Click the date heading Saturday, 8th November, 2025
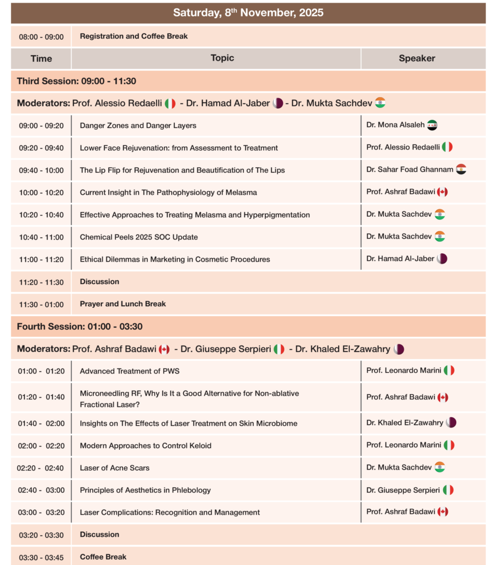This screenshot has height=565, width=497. (x=248, y=12)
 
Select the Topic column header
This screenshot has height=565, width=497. (x=222, y=58)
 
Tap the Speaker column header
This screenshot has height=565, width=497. (x=416, y=58)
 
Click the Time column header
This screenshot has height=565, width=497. (x=41, y=58)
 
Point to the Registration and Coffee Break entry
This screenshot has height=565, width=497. (x=133, y=36)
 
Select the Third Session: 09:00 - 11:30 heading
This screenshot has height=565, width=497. (x=77, y=81)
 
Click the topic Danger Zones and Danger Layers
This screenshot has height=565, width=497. (x=138, y=126)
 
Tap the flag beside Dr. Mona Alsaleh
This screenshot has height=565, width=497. (x=432, y=125)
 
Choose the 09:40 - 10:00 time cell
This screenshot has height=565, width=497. (x=41, y=170)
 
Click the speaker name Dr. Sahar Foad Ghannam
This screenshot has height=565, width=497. (x=410, y=169)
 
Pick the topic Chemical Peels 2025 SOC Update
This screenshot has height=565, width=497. (x=138, y=237)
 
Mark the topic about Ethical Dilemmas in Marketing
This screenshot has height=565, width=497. (x=175, y=259)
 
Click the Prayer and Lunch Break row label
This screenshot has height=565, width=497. (x=122, y=304)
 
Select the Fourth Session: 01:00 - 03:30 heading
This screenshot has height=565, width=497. (x=79, y=327)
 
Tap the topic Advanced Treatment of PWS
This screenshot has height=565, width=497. (x=130, y=371)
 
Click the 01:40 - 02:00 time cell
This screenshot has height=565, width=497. (x=41, y=424)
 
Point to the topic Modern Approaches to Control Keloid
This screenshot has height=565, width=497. (x=146, y=446)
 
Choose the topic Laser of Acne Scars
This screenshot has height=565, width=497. (x=115, y=468)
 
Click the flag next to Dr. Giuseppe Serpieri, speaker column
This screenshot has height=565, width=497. (x=448, y=490)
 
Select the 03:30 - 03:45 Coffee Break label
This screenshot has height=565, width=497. (x=103, y=557)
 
